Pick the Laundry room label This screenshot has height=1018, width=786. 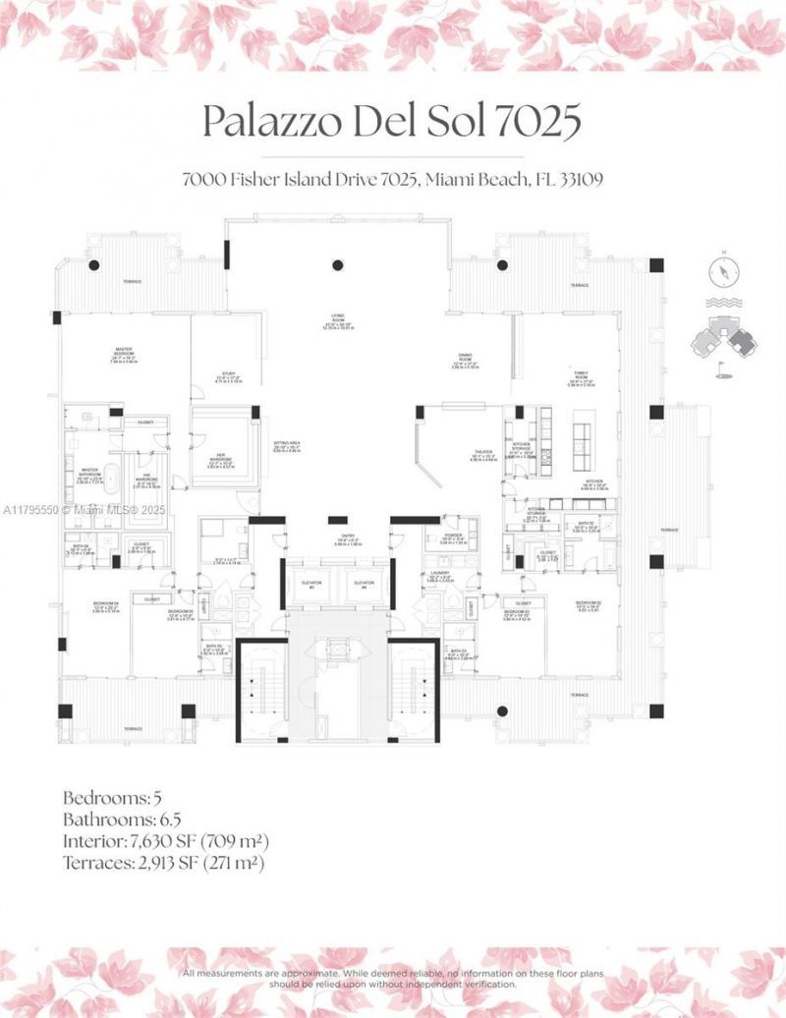[441, 578]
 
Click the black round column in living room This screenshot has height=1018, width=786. [337, 264]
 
